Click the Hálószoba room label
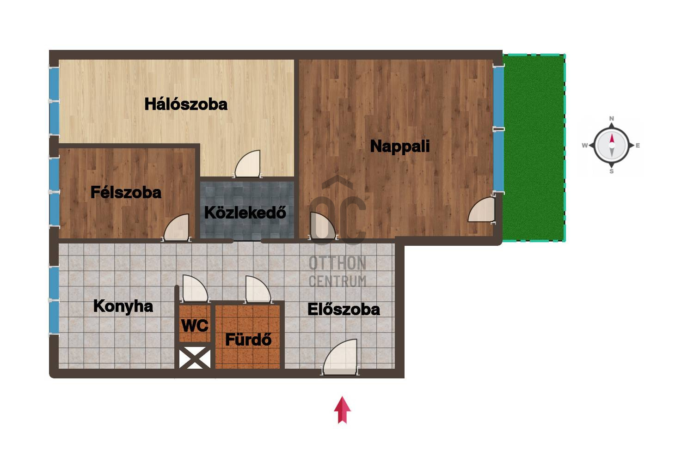(186, 104)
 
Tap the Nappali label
(400, 146)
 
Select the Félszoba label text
(126, 193)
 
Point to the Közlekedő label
(245, 213)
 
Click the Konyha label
(123, 307)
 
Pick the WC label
(195, 326)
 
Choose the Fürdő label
(248, 340)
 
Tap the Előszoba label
(344, 310)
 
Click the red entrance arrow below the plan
(342, 410)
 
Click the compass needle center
(611, 145)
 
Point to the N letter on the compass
(611, 118)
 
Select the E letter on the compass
(638, 146)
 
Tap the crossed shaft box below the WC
(195, 358)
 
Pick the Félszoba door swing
(177, 228)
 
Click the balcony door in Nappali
(482, 210)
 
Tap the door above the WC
(195, 288)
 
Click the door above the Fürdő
(258, 289)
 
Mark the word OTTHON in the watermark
(337, 263)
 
